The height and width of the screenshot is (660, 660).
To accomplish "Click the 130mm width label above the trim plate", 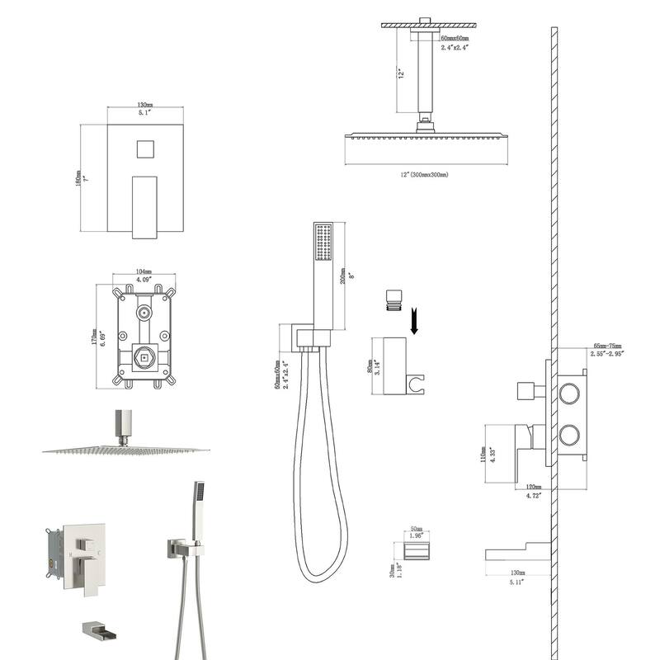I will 144,106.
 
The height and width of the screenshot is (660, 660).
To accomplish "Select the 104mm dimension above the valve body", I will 144,271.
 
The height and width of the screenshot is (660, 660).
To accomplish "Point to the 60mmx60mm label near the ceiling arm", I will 454,39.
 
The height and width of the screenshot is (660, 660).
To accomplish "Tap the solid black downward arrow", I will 415,320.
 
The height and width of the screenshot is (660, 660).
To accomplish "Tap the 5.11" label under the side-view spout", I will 517,580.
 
